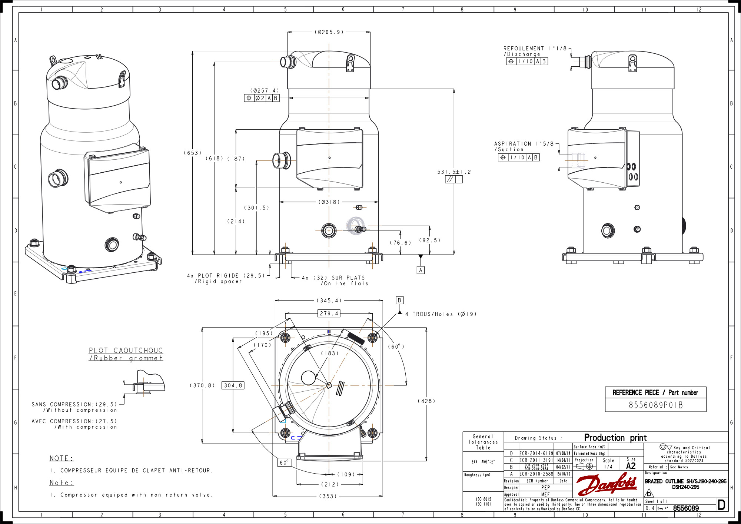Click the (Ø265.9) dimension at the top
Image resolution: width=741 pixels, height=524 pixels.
(x=329, y=32)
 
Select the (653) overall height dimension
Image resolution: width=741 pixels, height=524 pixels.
(x=193, y=153)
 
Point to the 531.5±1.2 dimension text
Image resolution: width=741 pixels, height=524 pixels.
(x=454, y=172)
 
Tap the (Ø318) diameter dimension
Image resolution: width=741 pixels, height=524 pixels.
(x=329, y=202)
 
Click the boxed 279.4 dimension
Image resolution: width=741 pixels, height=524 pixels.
(x=329, y=314)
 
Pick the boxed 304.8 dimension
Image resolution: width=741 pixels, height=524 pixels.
(x=233, y=385)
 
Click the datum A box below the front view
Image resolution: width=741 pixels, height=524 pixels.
(x=421, y=270)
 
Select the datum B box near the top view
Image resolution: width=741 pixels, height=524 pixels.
(x=399, y=300)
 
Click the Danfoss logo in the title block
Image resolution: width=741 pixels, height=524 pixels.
(x=607, y=484)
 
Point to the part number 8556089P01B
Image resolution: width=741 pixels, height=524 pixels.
(x=655, y=405)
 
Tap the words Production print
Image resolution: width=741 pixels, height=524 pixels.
(x=615, y=438)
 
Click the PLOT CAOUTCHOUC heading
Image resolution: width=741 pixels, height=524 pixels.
(x=126, y=351)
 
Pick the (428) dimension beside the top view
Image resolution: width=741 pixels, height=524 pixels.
(x=426, y=401)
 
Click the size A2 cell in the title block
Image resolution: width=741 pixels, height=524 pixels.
(x=631, y=466)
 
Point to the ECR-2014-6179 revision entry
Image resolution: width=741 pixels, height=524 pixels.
(x=536, y=453)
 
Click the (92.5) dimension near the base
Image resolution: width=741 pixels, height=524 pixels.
(x=430, y=240)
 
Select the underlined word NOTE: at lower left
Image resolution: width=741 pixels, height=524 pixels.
(x=62, y=458)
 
